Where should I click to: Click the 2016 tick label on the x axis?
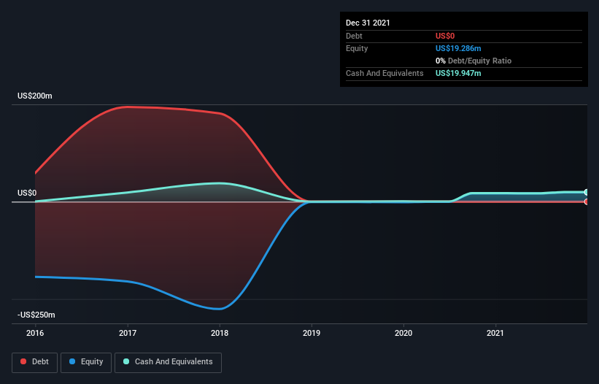tap(35, 333)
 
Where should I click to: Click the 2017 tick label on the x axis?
tap(128, 333)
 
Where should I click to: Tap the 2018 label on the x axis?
tap(220, 333)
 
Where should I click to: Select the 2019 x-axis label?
tap(312, 333)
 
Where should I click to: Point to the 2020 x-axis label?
tap(403, 333)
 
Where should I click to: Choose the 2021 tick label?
tap(496, 333)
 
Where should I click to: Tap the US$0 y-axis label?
tap(28, 193)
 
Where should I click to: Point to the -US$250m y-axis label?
tap(37, 315)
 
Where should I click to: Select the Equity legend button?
tap(86, 361)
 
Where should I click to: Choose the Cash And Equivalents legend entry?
tap(168, 361)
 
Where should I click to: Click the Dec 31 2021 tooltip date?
tap(368, 23)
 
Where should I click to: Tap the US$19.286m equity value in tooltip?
tap(458, 48)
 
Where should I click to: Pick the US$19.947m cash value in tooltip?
tap(458, 73)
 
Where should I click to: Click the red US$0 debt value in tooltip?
tap(446, 36)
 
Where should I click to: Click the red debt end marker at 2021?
tap(587, 201)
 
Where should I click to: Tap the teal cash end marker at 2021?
tap(587, 192)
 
